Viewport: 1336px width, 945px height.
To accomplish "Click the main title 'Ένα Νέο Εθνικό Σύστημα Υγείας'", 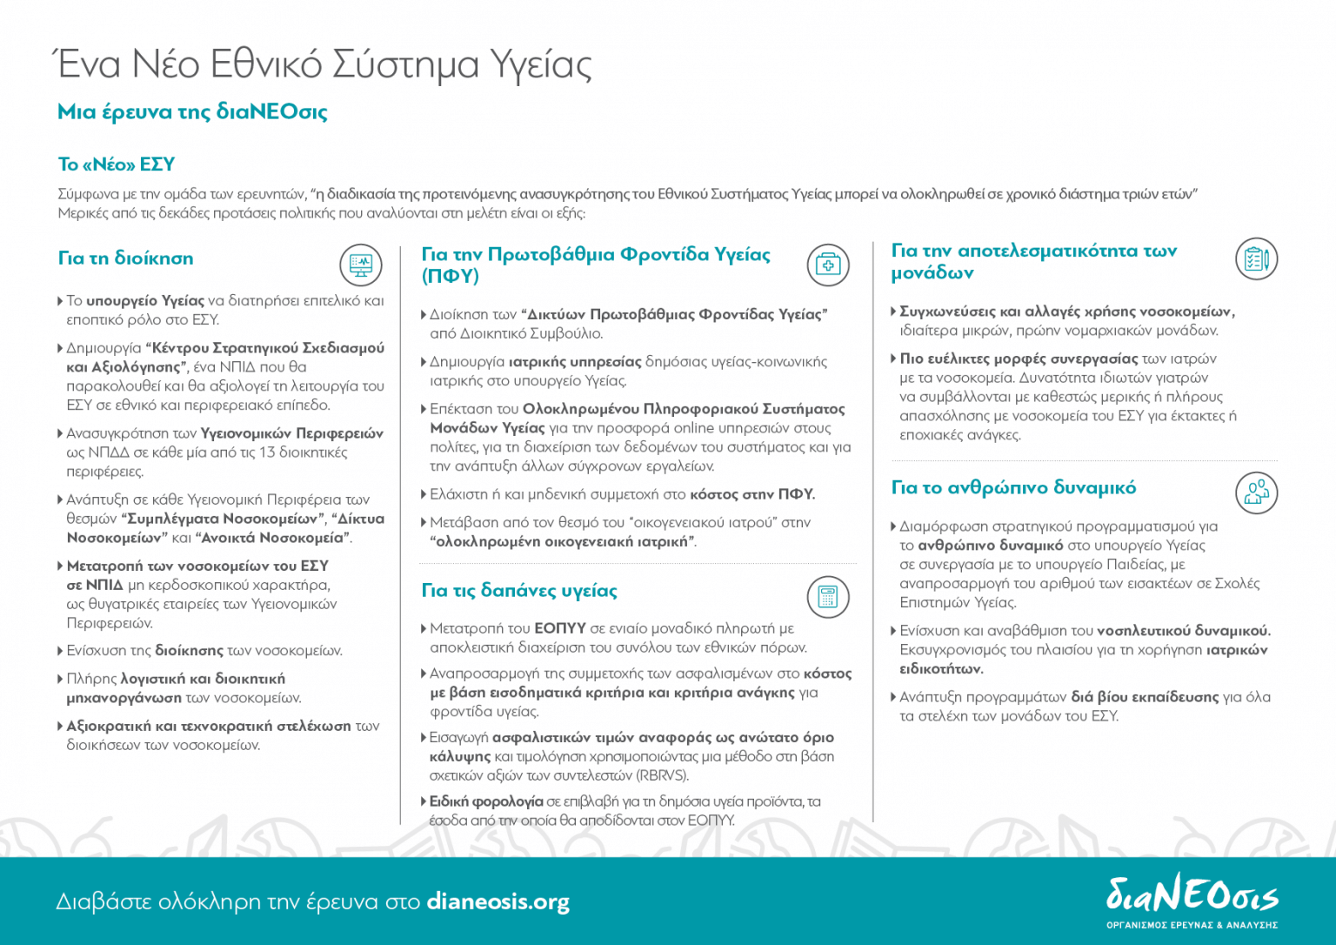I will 322,65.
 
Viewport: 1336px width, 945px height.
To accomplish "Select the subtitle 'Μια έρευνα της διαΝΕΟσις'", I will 192,112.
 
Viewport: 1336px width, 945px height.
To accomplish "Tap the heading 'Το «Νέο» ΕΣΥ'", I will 117,164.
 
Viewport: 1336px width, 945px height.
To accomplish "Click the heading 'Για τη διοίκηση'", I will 126,258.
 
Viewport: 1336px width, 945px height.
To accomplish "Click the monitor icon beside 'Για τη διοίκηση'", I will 361,265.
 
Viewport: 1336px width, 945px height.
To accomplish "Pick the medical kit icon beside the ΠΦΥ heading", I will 828,265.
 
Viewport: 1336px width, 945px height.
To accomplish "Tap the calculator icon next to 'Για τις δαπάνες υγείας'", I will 828,597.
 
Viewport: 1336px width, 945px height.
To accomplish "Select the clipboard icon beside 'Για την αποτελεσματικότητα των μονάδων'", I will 1256,259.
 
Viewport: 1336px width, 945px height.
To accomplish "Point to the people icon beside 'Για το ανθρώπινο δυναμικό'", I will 1256,493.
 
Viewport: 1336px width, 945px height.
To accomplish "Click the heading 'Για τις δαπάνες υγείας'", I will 519,591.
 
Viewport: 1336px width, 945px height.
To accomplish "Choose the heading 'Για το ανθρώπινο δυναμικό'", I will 1013,488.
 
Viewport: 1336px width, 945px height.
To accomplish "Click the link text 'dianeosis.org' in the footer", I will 498,901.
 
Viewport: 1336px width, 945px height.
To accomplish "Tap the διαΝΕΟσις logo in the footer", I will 1192,894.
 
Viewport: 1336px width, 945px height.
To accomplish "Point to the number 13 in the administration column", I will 267,452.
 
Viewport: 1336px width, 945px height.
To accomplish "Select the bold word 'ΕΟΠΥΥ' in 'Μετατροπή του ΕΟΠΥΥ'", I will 560,628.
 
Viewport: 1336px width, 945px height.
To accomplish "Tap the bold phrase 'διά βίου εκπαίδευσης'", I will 1145,697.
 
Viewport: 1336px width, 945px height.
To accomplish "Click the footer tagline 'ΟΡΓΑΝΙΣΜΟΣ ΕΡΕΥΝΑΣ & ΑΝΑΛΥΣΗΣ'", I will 1192,925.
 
